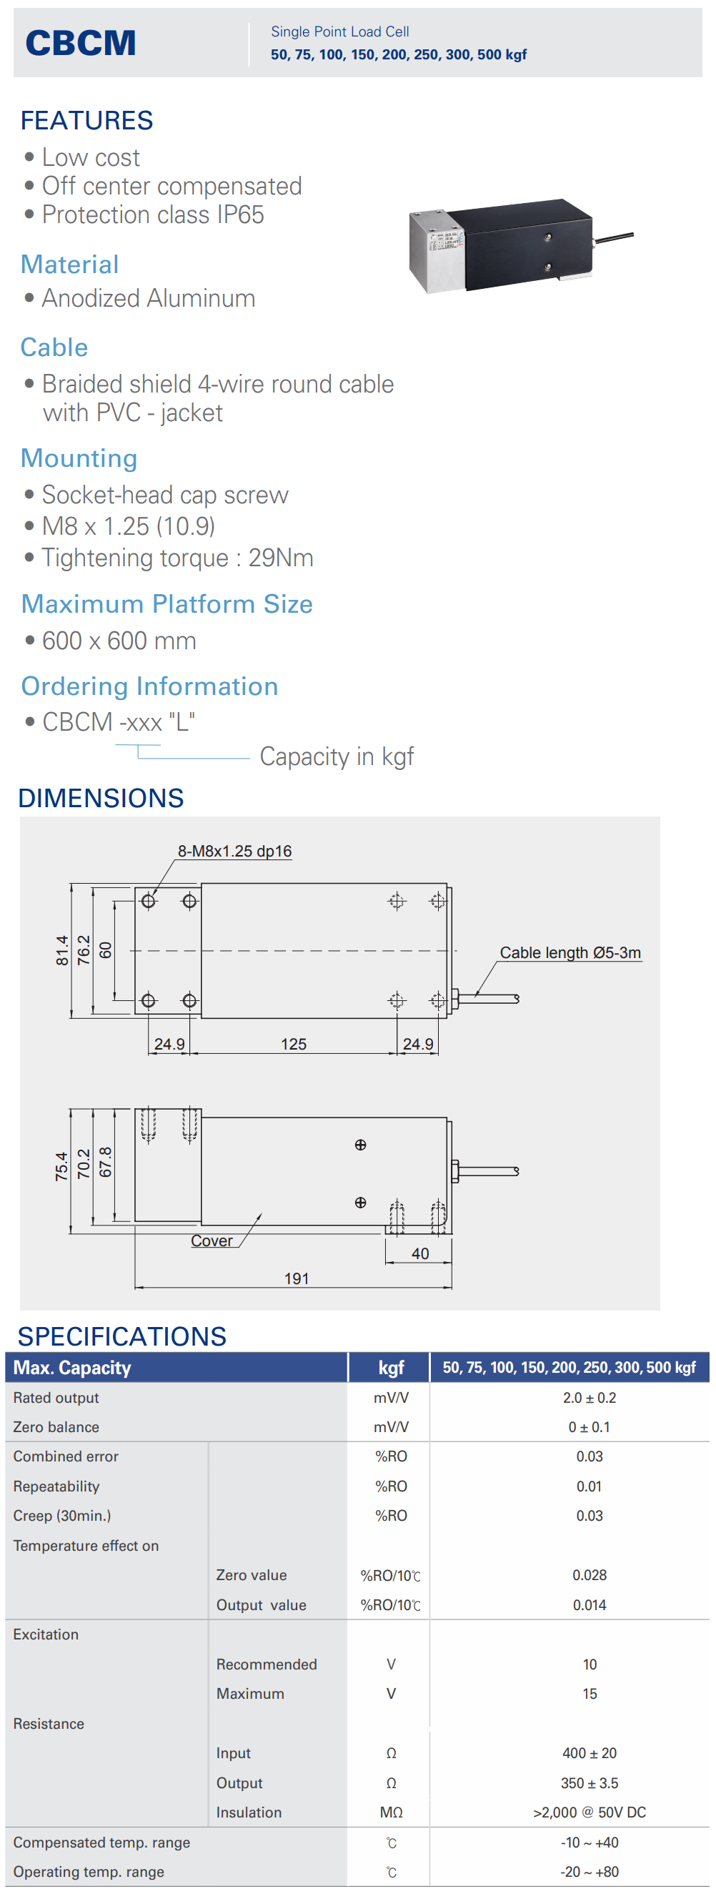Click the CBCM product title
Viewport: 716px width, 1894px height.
pos(81,43)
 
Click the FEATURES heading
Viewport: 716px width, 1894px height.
pos(86,121)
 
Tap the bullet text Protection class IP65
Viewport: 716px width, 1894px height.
pos(153,214)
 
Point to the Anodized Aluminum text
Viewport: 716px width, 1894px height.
pos(149,299)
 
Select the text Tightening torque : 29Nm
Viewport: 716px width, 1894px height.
pos(178,558)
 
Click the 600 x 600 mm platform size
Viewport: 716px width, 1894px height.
pos(119,641)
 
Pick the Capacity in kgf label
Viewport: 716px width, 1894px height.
pos(337,756)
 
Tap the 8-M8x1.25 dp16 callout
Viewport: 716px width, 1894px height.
pos(234,852)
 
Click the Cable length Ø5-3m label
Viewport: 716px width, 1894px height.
pos(570,953)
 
